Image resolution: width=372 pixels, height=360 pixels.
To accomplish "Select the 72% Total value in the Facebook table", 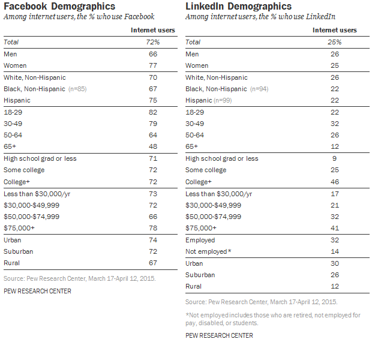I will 154,42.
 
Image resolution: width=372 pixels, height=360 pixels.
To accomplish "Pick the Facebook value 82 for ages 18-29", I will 154,112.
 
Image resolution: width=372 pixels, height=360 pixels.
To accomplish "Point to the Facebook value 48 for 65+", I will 154,147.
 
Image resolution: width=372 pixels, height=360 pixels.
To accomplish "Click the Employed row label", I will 201,240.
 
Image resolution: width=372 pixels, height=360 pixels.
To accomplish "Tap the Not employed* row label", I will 208,251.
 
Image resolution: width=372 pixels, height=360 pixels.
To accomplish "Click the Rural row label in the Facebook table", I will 12,263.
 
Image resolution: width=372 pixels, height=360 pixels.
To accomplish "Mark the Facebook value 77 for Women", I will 154,65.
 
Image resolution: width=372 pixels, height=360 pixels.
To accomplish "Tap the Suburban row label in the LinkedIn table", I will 200,275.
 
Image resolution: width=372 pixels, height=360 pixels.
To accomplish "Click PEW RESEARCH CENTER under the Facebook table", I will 37,291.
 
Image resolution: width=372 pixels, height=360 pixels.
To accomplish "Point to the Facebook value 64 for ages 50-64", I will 154,135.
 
